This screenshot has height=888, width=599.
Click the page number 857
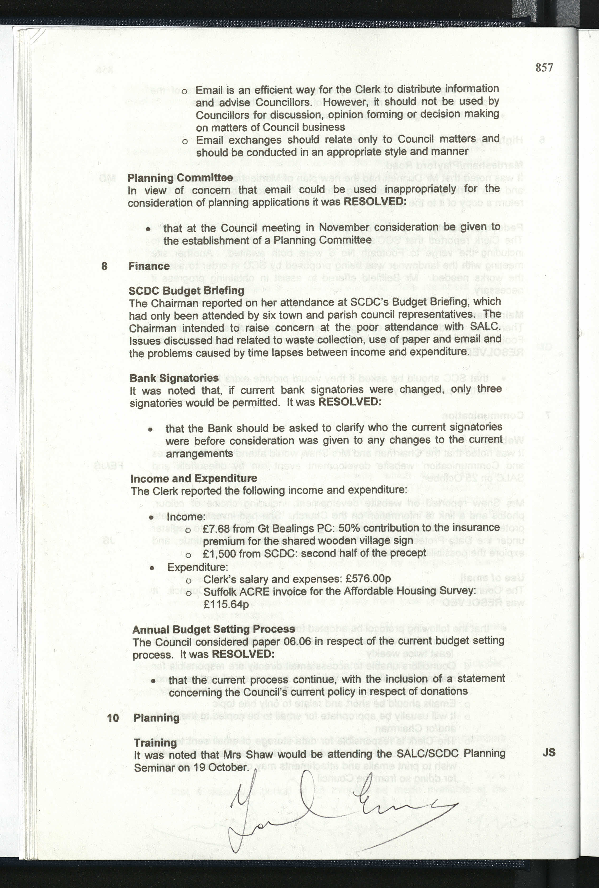pos(544,68)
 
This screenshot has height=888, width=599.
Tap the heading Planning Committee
pos(180,178)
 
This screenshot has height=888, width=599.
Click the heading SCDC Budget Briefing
pos(187,291)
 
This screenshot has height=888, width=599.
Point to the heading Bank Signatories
pos(174,378)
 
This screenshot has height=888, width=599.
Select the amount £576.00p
pos(368,579)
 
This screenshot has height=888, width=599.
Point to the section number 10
pos(113,718)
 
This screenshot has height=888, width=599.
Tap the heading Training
pos(155,743)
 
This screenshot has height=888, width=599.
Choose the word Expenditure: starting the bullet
pos(197,567)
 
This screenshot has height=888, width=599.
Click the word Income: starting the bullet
pos(186,517)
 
